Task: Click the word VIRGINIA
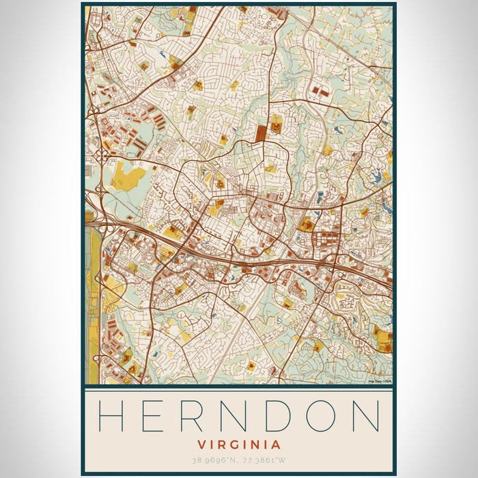pyautogui.click(x=239, y=445)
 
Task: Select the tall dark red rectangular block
pyautogui.click(x=261, y=132)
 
